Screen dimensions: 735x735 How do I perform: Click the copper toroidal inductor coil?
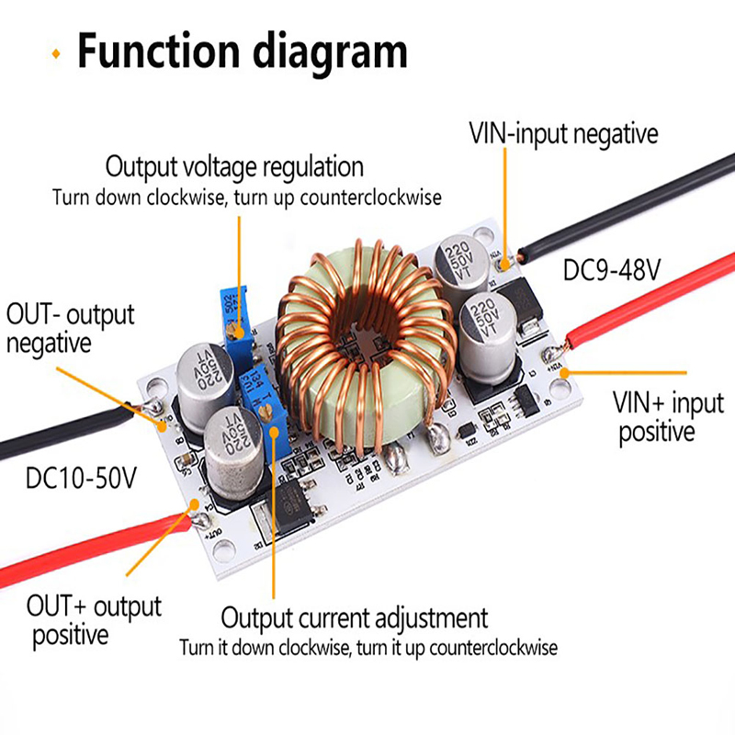click(355, 345)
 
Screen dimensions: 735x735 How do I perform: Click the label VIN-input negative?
click(564, 133)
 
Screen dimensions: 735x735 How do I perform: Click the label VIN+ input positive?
click(668, 416)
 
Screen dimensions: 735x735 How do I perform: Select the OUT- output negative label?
click(70, 328)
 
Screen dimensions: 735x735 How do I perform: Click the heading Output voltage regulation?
click(234, 167)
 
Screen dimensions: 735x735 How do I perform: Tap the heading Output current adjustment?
click(354, 616)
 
